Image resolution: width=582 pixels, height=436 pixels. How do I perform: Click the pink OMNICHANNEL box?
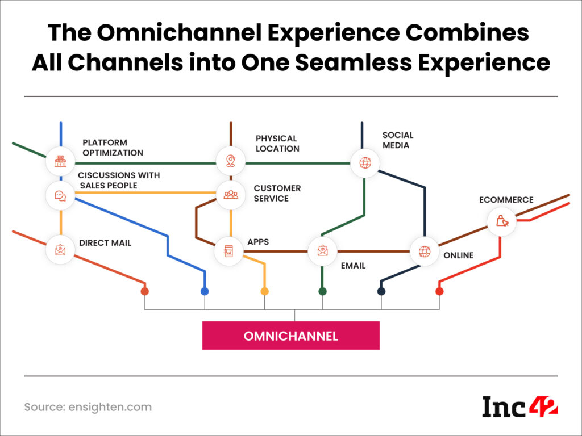click(290, 336)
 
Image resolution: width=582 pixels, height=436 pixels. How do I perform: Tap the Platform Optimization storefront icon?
click(60, 162)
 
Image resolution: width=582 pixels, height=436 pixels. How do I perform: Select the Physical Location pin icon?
click(230, 162)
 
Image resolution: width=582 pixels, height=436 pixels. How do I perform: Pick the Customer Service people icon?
click(230, 195)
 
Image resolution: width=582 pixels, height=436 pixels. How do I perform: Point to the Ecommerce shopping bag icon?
click(502, 221)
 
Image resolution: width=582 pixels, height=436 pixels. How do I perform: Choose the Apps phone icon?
click(228, 250)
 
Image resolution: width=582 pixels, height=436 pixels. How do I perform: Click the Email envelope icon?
click(322, 250)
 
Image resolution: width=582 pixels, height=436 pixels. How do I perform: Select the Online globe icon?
click(425, 251)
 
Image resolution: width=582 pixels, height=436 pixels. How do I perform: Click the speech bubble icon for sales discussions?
click(60, 196)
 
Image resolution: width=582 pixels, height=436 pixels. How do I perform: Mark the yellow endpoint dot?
click(264, 291)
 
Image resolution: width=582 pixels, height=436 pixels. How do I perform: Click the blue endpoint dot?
click(205, 291)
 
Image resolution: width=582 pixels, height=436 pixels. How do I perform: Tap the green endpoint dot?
click(322, 291)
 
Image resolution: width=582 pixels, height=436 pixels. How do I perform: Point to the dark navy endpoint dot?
click(381, 291)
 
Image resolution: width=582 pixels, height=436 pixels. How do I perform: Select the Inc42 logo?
click(520, 406)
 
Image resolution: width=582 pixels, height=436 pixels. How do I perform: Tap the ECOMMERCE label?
click(506, 200)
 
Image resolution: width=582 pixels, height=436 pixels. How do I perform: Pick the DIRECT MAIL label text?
click(105, 243)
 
